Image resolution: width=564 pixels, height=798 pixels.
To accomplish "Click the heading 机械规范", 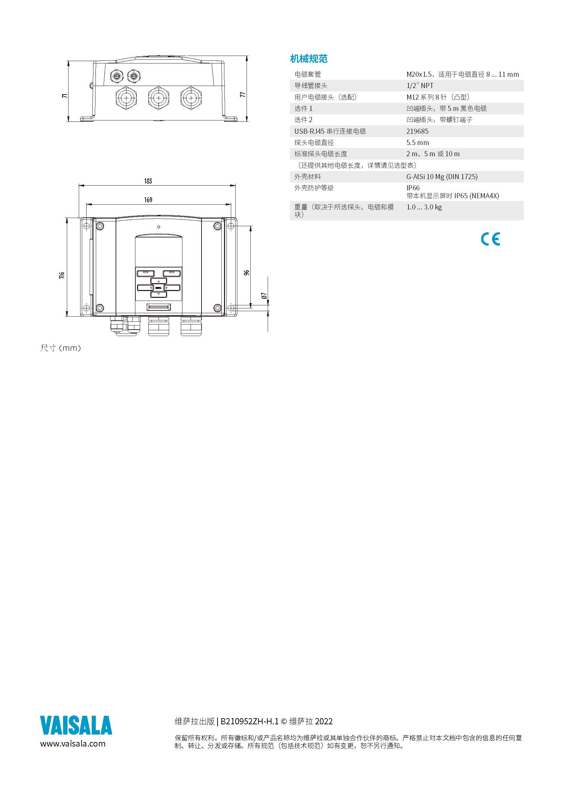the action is click(309, 59).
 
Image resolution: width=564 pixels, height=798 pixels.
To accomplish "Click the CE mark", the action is click(490, 239).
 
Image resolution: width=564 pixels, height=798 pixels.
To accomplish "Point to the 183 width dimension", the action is click(148, 181).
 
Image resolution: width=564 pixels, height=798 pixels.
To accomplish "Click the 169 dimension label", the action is click(148, 200).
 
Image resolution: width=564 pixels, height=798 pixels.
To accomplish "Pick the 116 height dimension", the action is click(62, 275).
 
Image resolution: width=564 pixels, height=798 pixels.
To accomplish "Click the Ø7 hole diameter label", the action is click(264, 296).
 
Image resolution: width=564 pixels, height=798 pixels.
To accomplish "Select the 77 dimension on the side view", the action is click(243, 95).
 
